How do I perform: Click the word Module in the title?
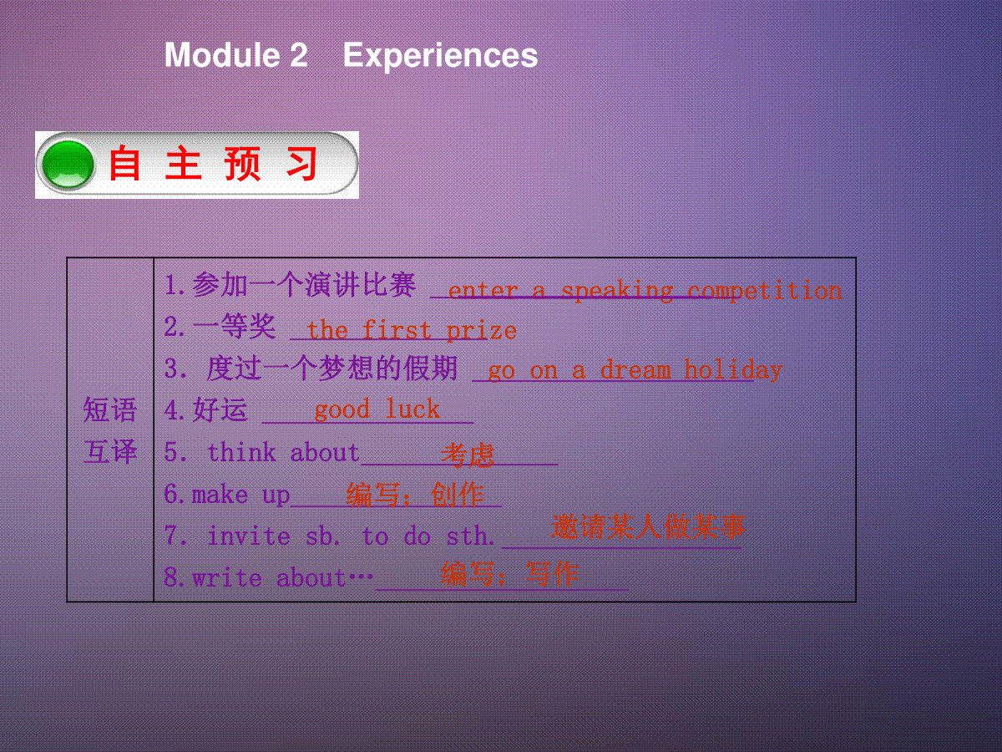coord(222,55)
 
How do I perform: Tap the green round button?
coord(68,165)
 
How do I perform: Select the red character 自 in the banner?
coord(124,164)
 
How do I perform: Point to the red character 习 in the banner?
coord(301,164)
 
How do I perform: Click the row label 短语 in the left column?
coord(110,409)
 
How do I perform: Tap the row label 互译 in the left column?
coord(110,451)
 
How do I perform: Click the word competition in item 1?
coord(765,291)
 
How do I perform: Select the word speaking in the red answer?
coord(617,291)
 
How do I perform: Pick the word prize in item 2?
coord(482,330)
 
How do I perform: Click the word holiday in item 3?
coord(733,370)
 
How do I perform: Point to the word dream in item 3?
coord(635,370)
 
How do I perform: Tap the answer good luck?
coord(377,409)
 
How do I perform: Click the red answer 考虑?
coord(468,455)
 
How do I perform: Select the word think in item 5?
coord(241,453)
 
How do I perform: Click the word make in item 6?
coord(220,495)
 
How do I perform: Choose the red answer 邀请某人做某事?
coord(649,526)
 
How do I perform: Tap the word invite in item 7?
coord(249,536)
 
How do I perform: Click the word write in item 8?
coord(227,578)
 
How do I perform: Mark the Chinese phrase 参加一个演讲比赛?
coord(304,285)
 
